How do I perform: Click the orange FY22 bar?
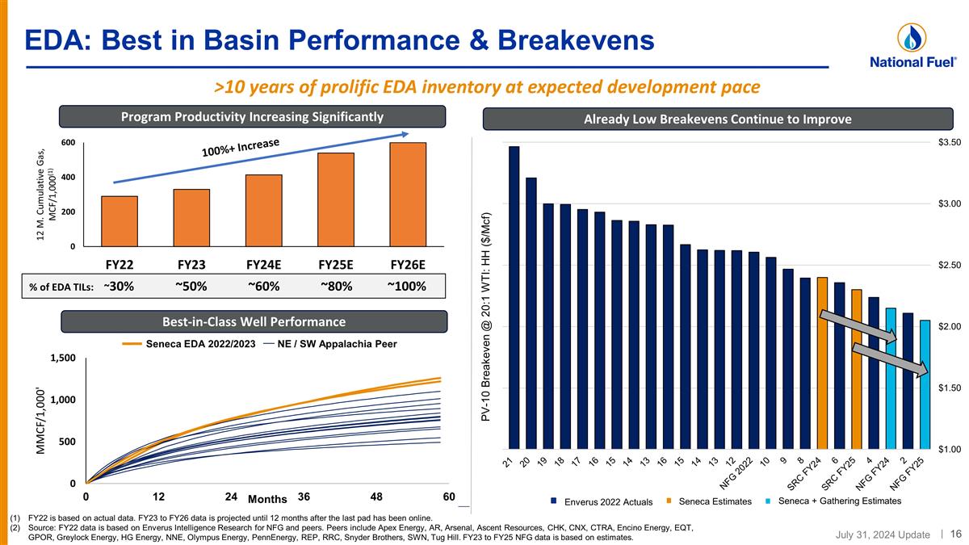click(120, 220)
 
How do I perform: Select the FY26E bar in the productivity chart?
click(408, 194)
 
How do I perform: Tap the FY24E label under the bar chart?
click(263, 264)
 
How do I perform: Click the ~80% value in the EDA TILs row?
click(335, 286)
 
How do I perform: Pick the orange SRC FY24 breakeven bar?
click(822, 363)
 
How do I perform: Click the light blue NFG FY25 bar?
click(925, 384)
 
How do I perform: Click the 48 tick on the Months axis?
click(375, 496)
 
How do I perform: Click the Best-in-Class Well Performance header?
click(255, 321)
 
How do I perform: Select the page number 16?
click(955, 533)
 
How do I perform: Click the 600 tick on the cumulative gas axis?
click(69, 143)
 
